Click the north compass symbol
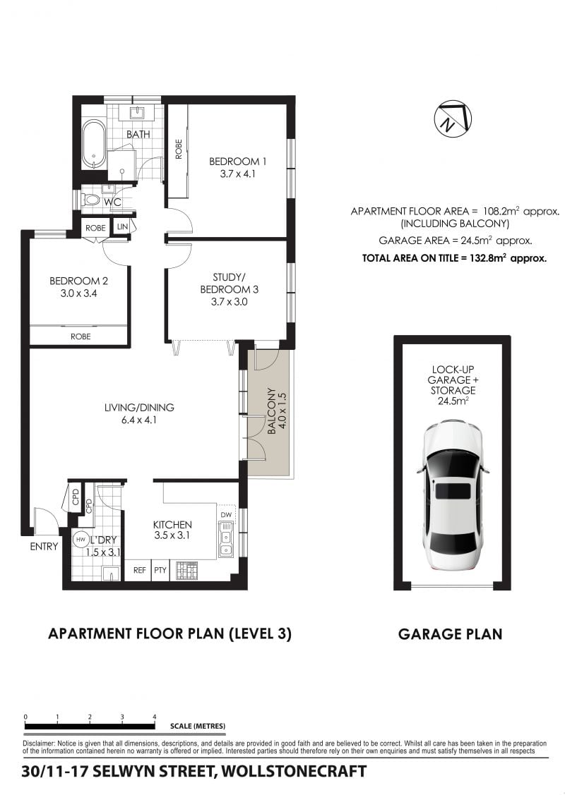tap(453, 118)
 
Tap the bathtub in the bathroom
tap(94, 144)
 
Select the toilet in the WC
tap(90, 199)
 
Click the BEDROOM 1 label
tap(237, 162)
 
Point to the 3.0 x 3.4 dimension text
tap(78, 293)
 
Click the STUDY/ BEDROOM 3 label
tap(229, 284)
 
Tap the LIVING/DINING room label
tap(139, 407)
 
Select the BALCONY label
tap(272, 411)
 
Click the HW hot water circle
tap(81, 540)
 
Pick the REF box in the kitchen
tap(140, 570)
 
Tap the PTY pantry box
tap(160, 570)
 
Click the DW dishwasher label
tap(226, 515)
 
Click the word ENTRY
tap(44, 547)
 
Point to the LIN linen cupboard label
tap(122, 226)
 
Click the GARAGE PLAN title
tap(451, 634)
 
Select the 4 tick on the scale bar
tap(155, 717)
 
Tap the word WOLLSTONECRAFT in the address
tap(295, 771)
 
